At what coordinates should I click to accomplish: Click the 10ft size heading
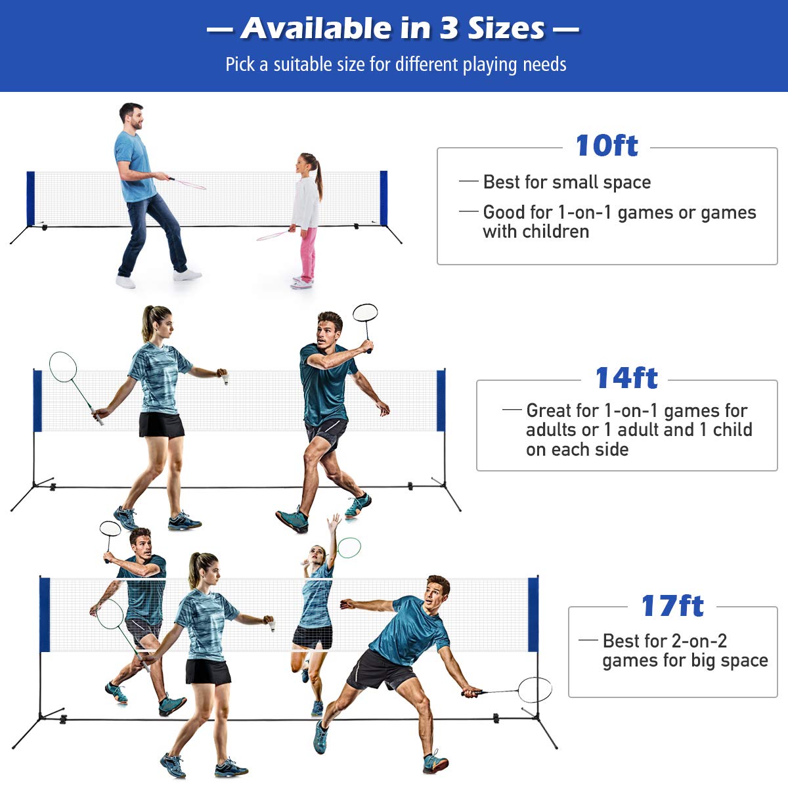click(607, 146)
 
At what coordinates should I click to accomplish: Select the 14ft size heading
click(626, 378)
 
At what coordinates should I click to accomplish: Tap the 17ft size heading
click(672, 605)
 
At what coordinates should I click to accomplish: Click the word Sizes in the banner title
click(506, 29)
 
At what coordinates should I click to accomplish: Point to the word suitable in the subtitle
click(303, 64)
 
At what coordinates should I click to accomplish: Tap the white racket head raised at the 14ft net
click(364, 313)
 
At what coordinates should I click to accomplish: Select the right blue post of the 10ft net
click(383, 198)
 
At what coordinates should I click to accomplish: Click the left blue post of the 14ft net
click(37, 401)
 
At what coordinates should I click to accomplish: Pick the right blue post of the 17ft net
click(533, 614)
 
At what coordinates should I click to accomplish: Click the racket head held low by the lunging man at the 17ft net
click(535, 689)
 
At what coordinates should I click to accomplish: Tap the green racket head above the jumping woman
click(349, 548)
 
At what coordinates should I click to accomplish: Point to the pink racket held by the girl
click(274, 235)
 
